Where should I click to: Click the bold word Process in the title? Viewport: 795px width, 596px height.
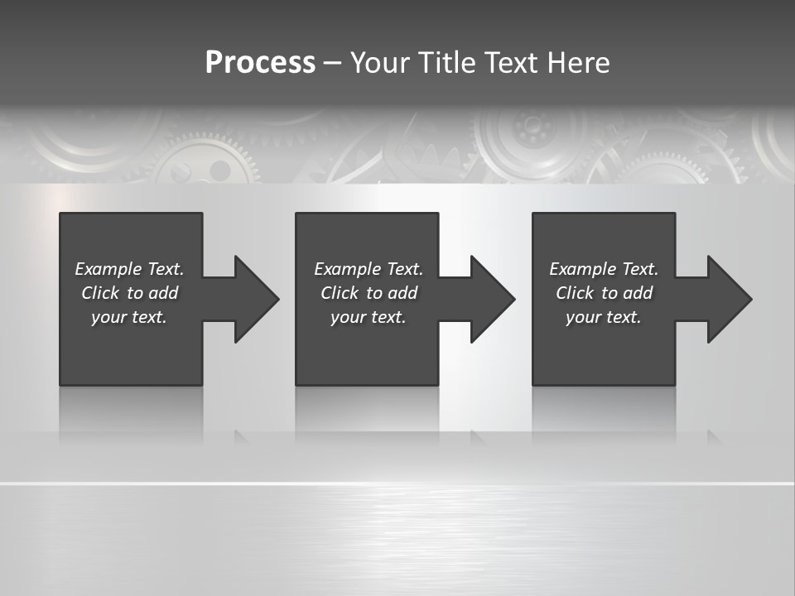(260, 63)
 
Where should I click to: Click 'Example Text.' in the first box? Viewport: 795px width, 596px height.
(129, 269)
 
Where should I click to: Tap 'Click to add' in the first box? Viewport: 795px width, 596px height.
(129, 293)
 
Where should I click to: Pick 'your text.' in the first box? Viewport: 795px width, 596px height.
(129, 317)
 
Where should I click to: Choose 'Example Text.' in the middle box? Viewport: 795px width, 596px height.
(369, 269)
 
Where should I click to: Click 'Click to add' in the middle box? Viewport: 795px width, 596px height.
(369, 293)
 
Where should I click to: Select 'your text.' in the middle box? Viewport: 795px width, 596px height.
(369, 317)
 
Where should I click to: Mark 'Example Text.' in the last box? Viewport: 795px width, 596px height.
(604, 269)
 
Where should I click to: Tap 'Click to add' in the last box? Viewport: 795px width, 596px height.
(604, 293)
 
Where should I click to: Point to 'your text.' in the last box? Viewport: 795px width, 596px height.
(604, 317)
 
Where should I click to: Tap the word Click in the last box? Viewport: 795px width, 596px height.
(575, 293)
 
